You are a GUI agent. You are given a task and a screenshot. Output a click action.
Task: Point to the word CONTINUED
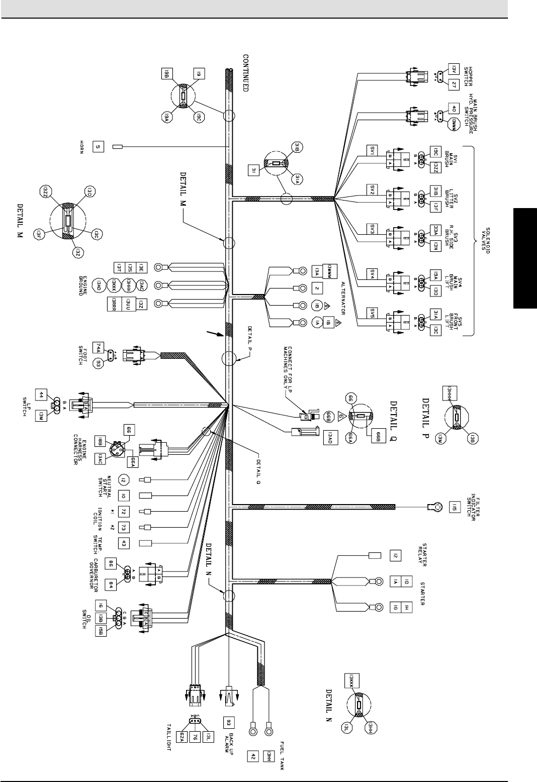click(246, 72)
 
